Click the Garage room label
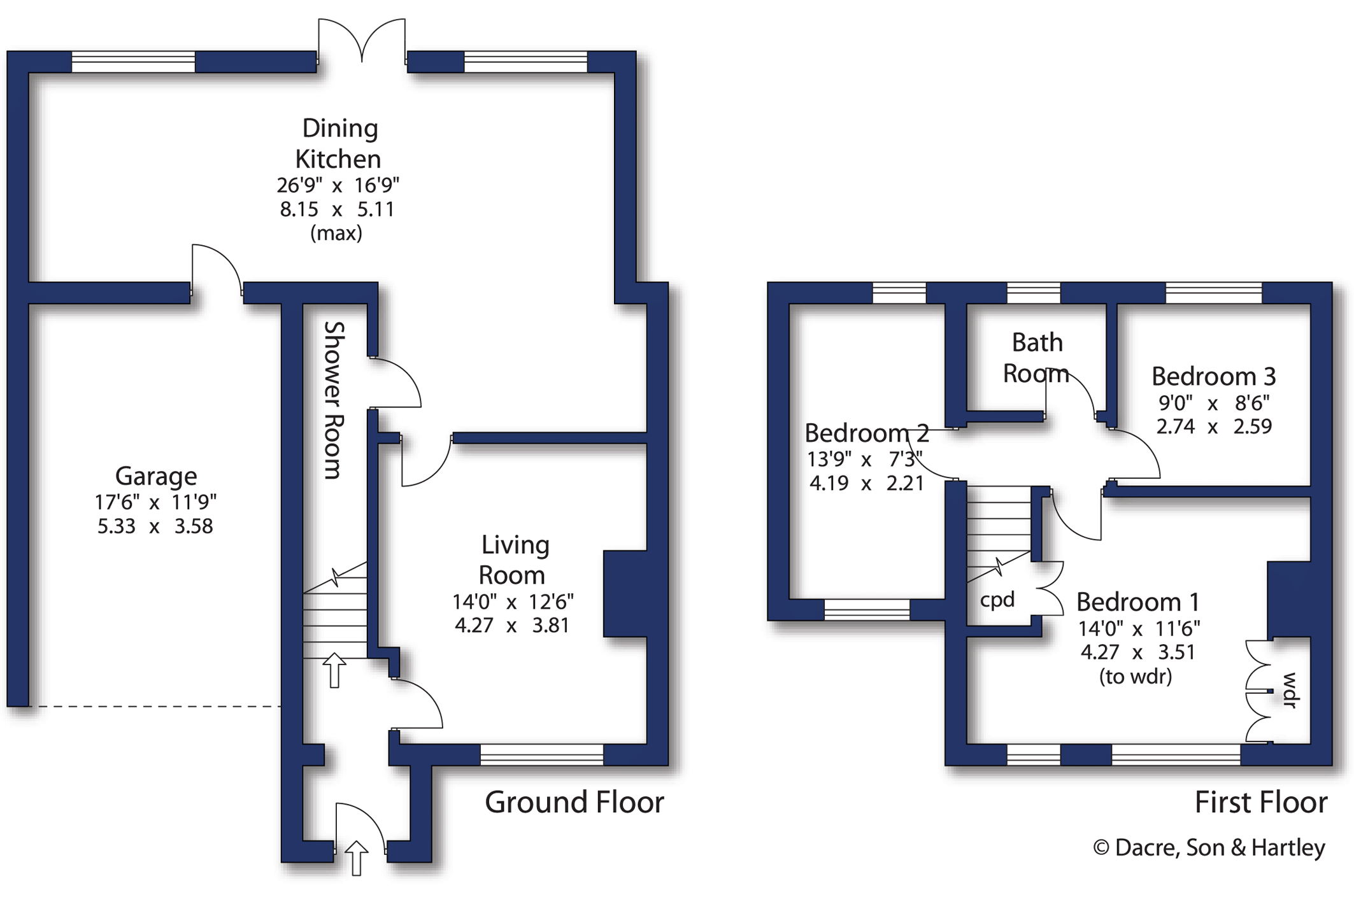click(x=156, y=476)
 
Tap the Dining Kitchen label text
click(x=338, y=143)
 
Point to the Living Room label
click(x=513, y=560)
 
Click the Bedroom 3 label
click(x=1214, y=376)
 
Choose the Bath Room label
click(x=1036, y=358)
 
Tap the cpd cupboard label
click(x=997, y=600)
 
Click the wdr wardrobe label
click(x=1290, y=690)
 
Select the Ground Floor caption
click(x=574, y=802)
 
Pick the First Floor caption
click(x=1261, y=802)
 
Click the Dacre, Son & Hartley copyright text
click(x=1209, y=848)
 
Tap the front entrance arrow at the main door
click(x=357, y=858)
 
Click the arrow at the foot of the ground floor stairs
click(x=334, y=670)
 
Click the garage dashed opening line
click(x=155, y=707)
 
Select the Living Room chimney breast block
click(x=625, y=594)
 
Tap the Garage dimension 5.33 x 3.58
click(x=155, y=526)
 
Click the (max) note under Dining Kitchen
click(x=336, y=233)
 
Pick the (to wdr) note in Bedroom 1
click(x=1136, y=676)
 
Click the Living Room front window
click(x=542, y=754)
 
